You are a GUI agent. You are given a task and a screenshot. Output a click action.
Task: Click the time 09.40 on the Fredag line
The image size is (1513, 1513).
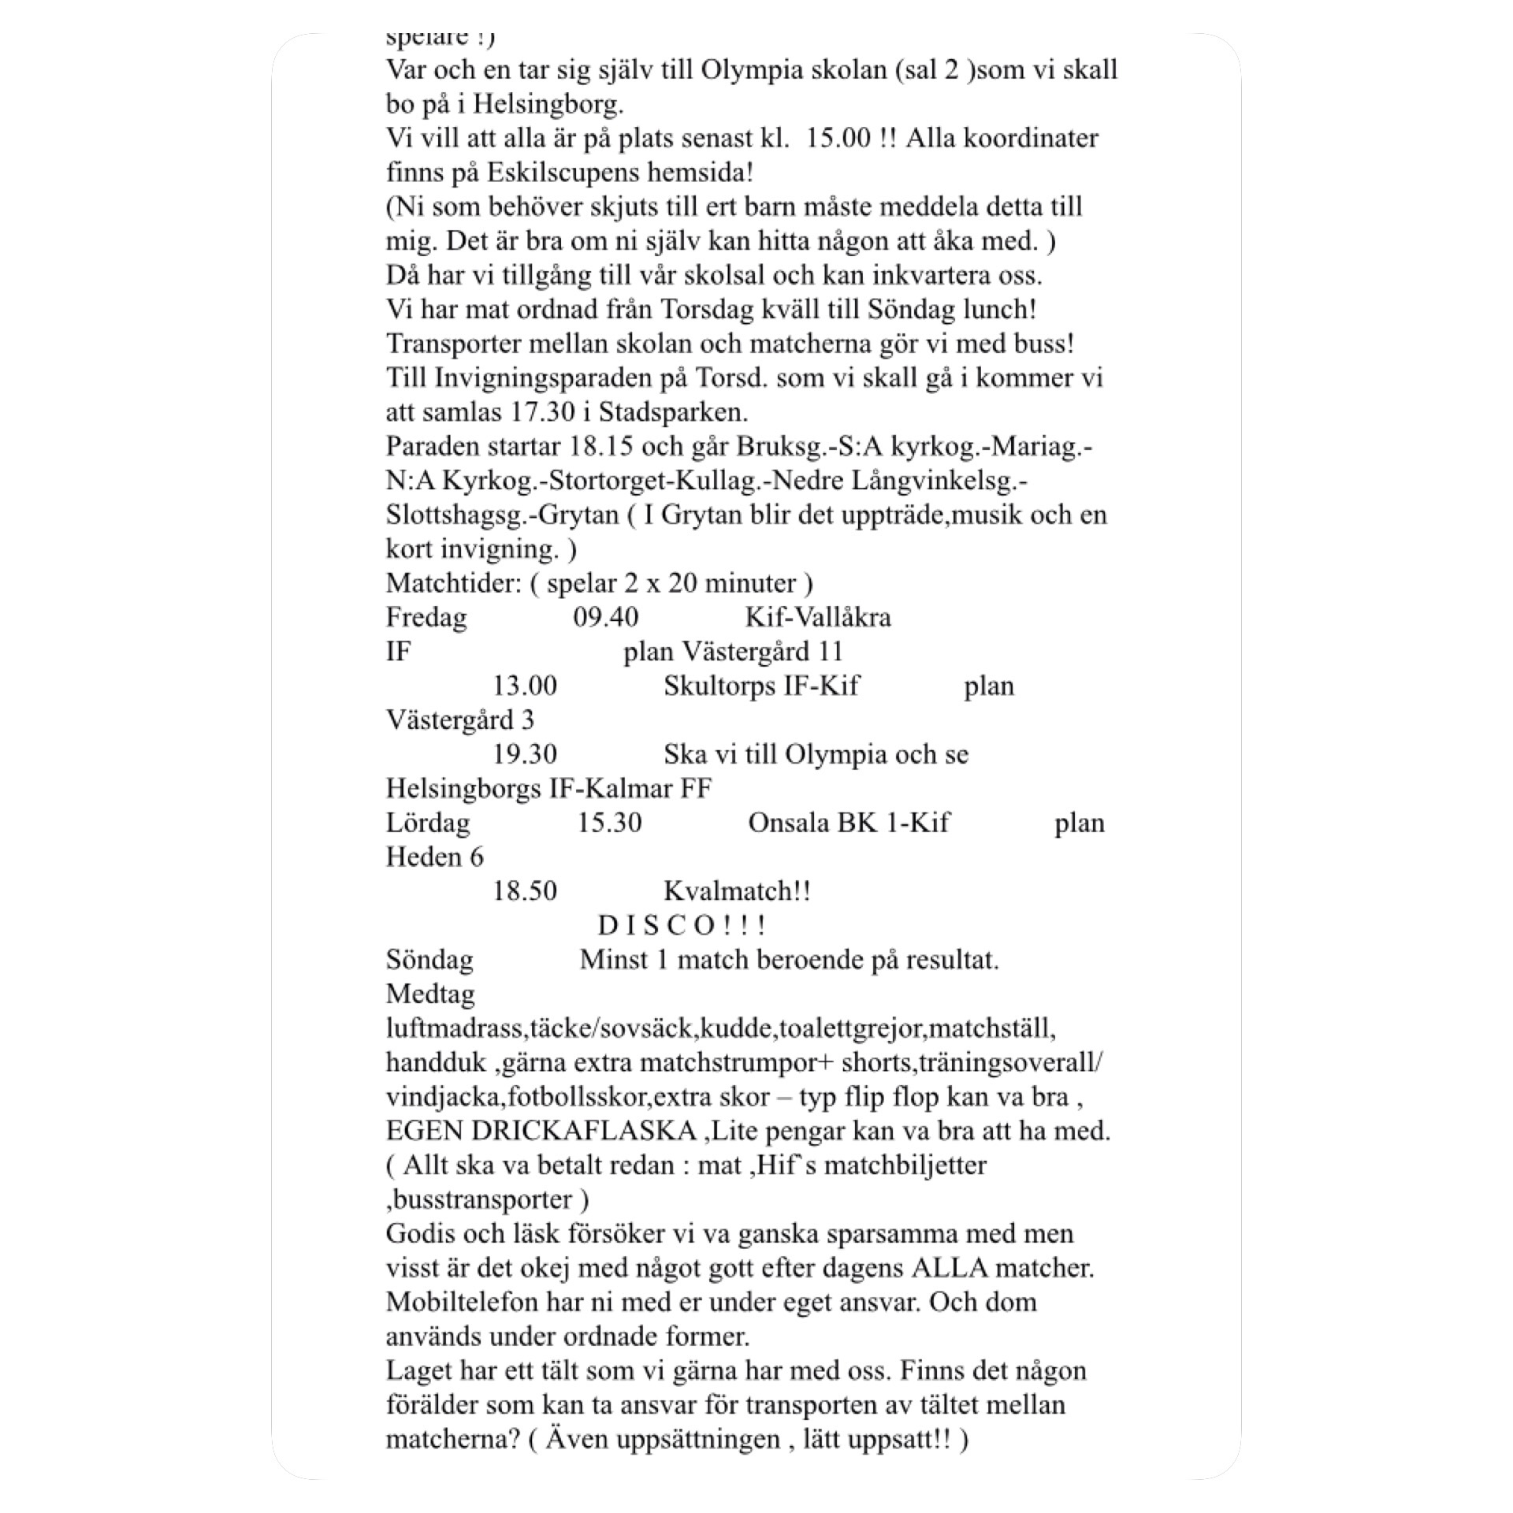605,617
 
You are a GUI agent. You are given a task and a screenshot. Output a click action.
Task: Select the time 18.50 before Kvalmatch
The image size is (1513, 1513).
525,891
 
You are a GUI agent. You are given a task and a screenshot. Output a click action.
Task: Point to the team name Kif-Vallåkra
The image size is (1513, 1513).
818,617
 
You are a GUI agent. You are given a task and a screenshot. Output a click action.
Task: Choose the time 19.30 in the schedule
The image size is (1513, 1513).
525,754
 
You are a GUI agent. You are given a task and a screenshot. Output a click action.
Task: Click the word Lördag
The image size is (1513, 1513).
428,823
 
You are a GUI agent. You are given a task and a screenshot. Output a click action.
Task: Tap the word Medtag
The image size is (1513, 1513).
430,994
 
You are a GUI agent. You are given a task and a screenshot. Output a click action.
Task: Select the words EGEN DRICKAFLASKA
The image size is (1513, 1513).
541,1132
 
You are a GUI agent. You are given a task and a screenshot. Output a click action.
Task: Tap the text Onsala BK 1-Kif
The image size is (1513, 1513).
848,823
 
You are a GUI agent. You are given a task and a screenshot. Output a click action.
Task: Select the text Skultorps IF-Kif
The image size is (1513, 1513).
760,686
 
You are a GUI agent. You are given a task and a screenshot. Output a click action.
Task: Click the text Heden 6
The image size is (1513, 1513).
434,857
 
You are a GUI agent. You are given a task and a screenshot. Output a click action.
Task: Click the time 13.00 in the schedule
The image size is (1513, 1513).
525,686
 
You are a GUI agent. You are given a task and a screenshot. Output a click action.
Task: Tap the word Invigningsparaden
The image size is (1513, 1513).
561,378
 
